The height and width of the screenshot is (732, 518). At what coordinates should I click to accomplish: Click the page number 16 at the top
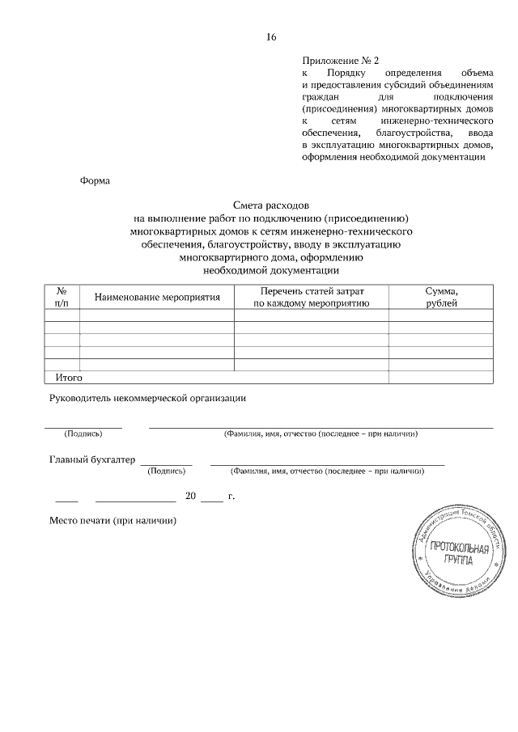(x=271, y=37)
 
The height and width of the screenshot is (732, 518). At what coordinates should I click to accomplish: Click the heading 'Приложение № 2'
(x=340, y=61)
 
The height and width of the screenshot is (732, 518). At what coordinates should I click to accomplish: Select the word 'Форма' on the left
(x=95, y=180)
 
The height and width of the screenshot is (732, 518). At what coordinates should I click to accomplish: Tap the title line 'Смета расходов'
(x=271, y=206)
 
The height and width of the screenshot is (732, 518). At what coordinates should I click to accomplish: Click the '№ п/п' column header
(x=62, y=297)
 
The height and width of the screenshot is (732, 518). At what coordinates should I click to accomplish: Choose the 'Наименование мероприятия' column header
(x=157, y=298)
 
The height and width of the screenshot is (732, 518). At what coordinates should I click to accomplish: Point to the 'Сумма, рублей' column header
(x=441, y=297)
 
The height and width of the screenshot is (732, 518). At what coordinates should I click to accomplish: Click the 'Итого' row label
(x=69, y=377)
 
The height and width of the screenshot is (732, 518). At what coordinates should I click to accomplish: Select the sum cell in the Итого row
(x=441, y=377)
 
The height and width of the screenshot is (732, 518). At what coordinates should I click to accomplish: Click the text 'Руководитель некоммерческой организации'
(x=147, y=397)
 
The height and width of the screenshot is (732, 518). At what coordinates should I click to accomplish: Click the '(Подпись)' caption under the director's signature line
(x=83, y=434)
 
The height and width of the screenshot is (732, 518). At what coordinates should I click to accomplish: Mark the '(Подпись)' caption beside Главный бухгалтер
(x=167, y=470)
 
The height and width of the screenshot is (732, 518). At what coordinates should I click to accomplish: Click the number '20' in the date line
(x=191, y=496)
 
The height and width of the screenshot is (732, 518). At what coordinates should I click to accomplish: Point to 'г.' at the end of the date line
(x=231, y=496)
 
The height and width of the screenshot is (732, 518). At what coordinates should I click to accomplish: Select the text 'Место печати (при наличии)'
(x=113, y=521)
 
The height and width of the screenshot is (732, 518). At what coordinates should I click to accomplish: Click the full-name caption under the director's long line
(x=321, y=434)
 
